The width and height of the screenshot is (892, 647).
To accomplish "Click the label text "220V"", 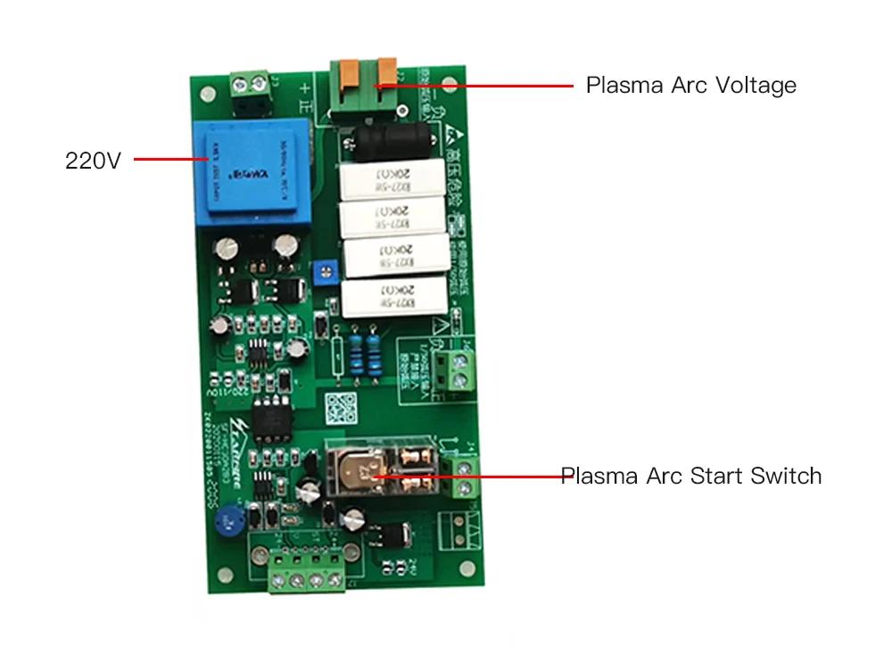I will [x=92, y=162].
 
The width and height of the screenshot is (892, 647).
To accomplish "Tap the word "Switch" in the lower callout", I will [x=785, y=476].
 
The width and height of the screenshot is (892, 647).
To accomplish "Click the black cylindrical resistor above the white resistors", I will [x=391, y=140].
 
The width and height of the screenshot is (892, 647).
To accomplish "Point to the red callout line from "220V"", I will [x=169, y=161].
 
